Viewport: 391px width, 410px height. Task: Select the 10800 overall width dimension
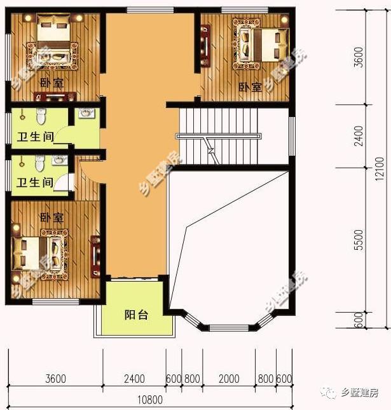150,400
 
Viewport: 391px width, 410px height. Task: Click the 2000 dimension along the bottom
228,379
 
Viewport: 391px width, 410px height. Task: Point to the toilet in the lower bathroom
40,163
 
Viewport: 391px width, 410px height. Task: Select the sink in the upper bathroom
86,114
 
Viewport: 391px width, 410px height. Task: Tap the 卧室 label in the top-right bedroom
250,86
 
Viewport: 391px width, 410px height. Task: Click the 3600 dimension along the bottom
56,379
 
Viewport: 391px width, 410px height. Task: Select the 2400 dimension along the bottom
134,379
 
